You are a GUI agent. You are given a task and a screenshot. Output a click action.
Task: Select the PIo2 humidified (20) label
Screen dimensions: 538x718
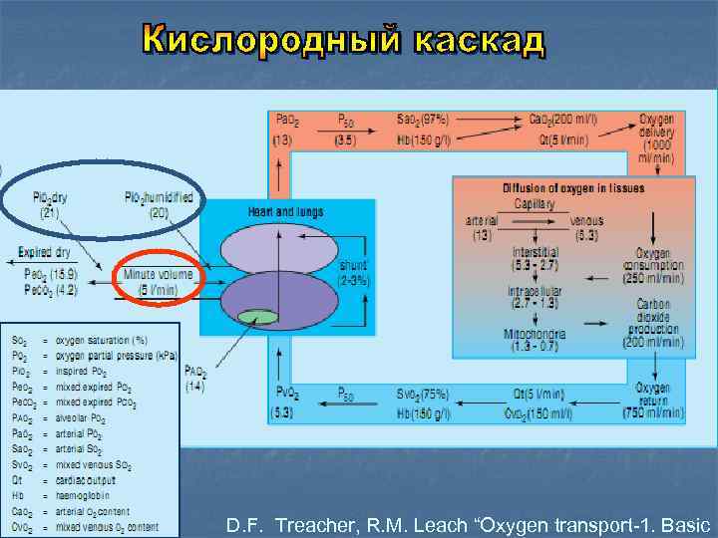pos(160,204)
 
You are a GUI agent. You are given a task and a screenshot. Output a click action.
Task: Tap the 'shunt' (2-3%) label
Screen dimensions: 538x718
pos(354,273)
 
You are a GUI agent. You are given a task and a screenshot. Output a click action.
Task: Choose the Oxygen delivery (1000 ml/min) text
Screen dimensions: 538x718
pos(656,137)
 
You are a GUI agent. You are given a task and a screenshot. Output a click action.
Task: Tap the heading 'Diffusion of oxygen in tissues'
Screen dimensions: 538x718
pos(572,187)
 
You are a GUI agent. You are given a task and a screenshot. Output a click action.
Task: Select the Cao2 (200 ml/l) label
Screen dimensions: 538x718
pos(563,119)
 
